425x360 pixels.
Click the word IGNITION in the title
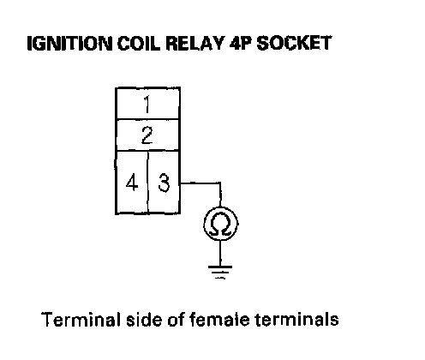click(69, 44)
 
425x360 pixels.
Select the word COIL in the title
click(139, 44)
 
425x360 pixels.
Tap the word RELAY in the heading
click(195, 44)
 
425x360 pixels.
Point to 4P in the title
click(241, 44)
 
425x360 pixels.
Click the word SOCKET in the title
click(294, 44)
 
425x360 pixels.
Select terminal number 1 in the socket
click(147, 105)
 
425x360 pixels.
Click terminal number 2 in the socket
click(147, 135)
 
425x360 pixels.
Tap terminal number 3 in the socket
click(164, 183)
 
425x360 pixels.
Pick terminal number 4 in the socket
click(132, 183)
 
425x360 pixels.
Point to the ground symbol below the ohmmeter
click(220, 272)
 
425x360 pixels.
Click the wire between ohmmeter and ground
click(220, 254)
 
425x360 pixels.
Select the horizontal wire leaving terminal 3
click(201, 183)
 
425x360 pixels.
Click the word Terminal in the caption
click(81, 319)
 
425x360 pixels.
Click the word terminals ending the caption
click(297, 319)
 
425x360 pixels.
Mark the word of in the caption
click(176, 319)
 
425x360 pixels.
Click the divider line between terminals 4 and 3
click(148, 182)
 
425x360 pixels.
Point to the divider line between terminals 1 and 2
click(148, 119)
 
